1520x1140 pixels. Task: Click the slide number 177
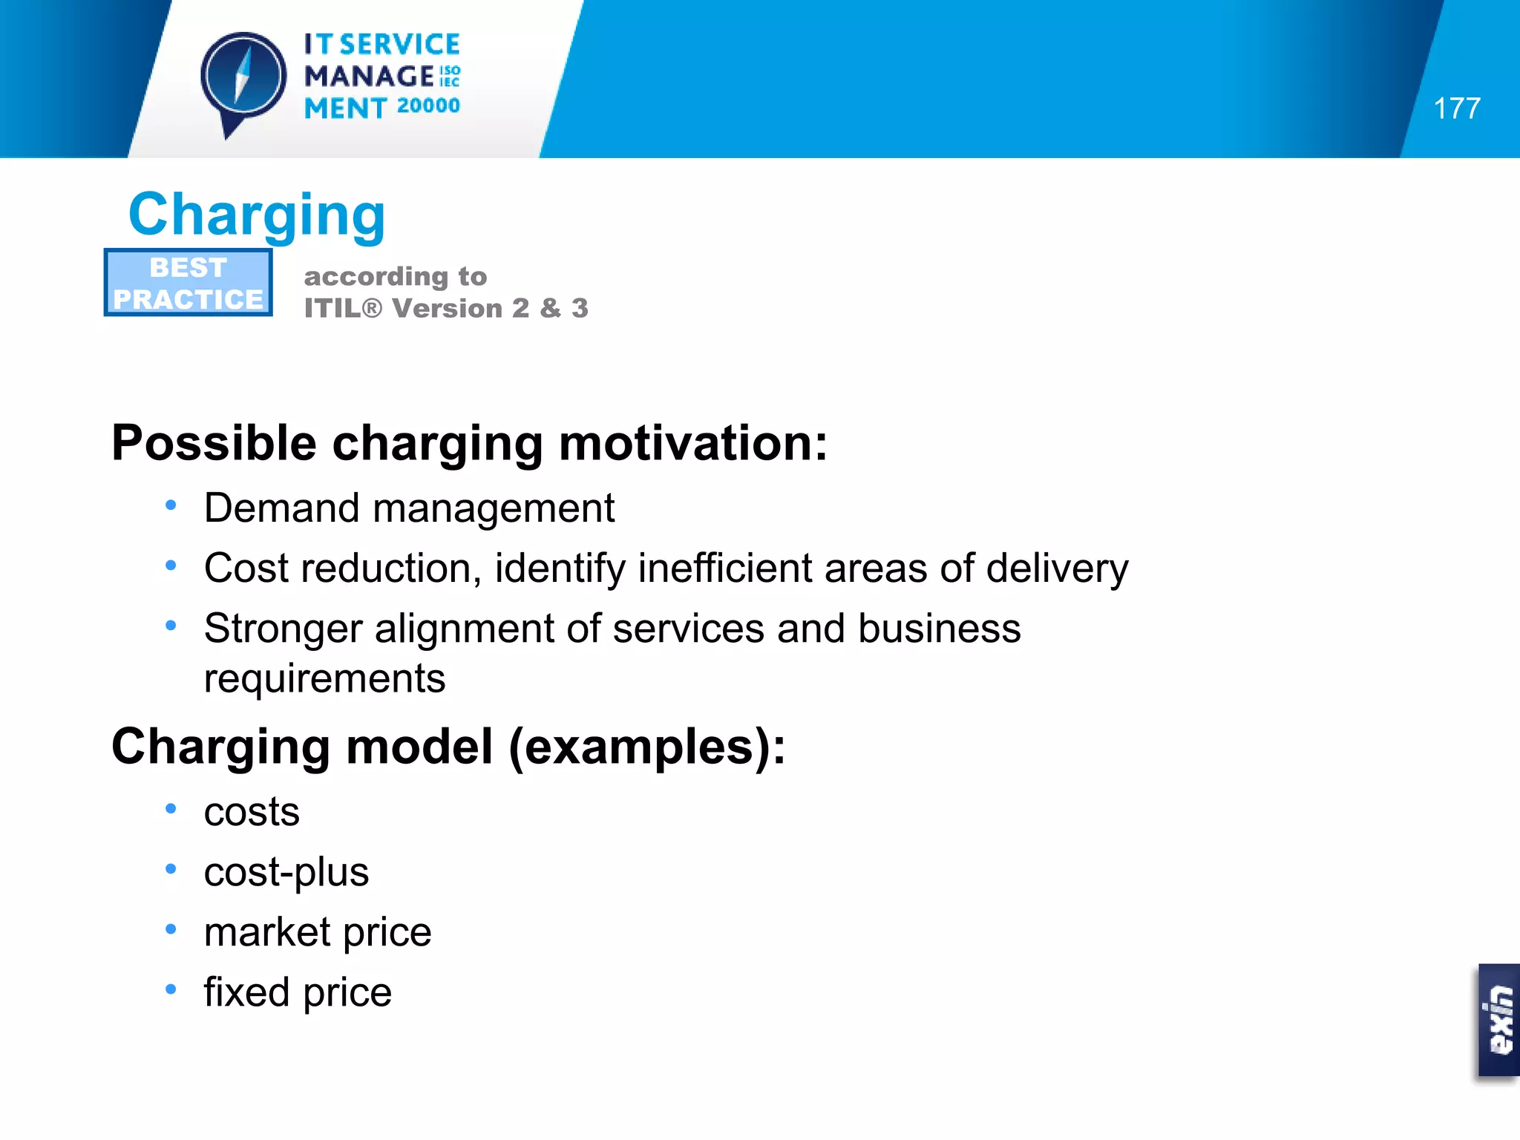pos(1457,108)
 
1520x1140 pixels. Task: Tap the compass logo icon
pos(243,78)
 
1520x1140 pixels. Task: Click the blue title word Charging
pos(257,214)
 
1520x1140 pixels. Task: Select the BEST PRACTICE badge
pos(189,283)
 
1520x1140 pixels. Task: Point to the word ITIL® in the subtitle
pos(343,308)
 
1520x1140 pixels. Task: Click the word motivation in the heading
pos(692,443)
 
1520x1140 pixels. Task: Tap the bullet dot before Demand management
pos(171,505)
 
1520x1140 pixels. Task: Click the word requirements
pos(324,678)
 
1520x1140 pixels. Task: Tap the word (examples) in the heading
pos(646,747)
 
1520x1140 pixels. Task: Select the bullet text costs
pos(252,812)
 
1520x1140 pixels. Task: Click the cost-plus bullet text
pos(286,872)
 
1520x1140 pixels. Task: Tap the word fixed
pos(246,992)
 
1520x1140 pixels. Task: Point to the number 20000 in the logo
pos(428,106)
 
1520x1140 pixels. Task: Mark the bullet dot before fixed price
pos(171,989)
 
